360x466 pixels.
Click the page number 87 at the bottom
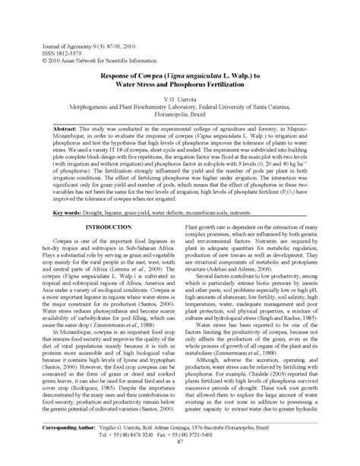pyautogui.click(x=180, y=460)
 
